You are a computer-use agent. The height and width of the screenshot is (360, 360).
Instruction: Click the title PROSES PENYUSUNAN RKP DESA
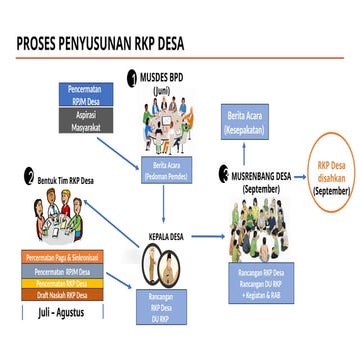tap(100, 45)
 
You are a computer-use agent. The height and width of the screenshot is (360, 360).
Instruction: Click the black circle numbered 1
tap(130, 77)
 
